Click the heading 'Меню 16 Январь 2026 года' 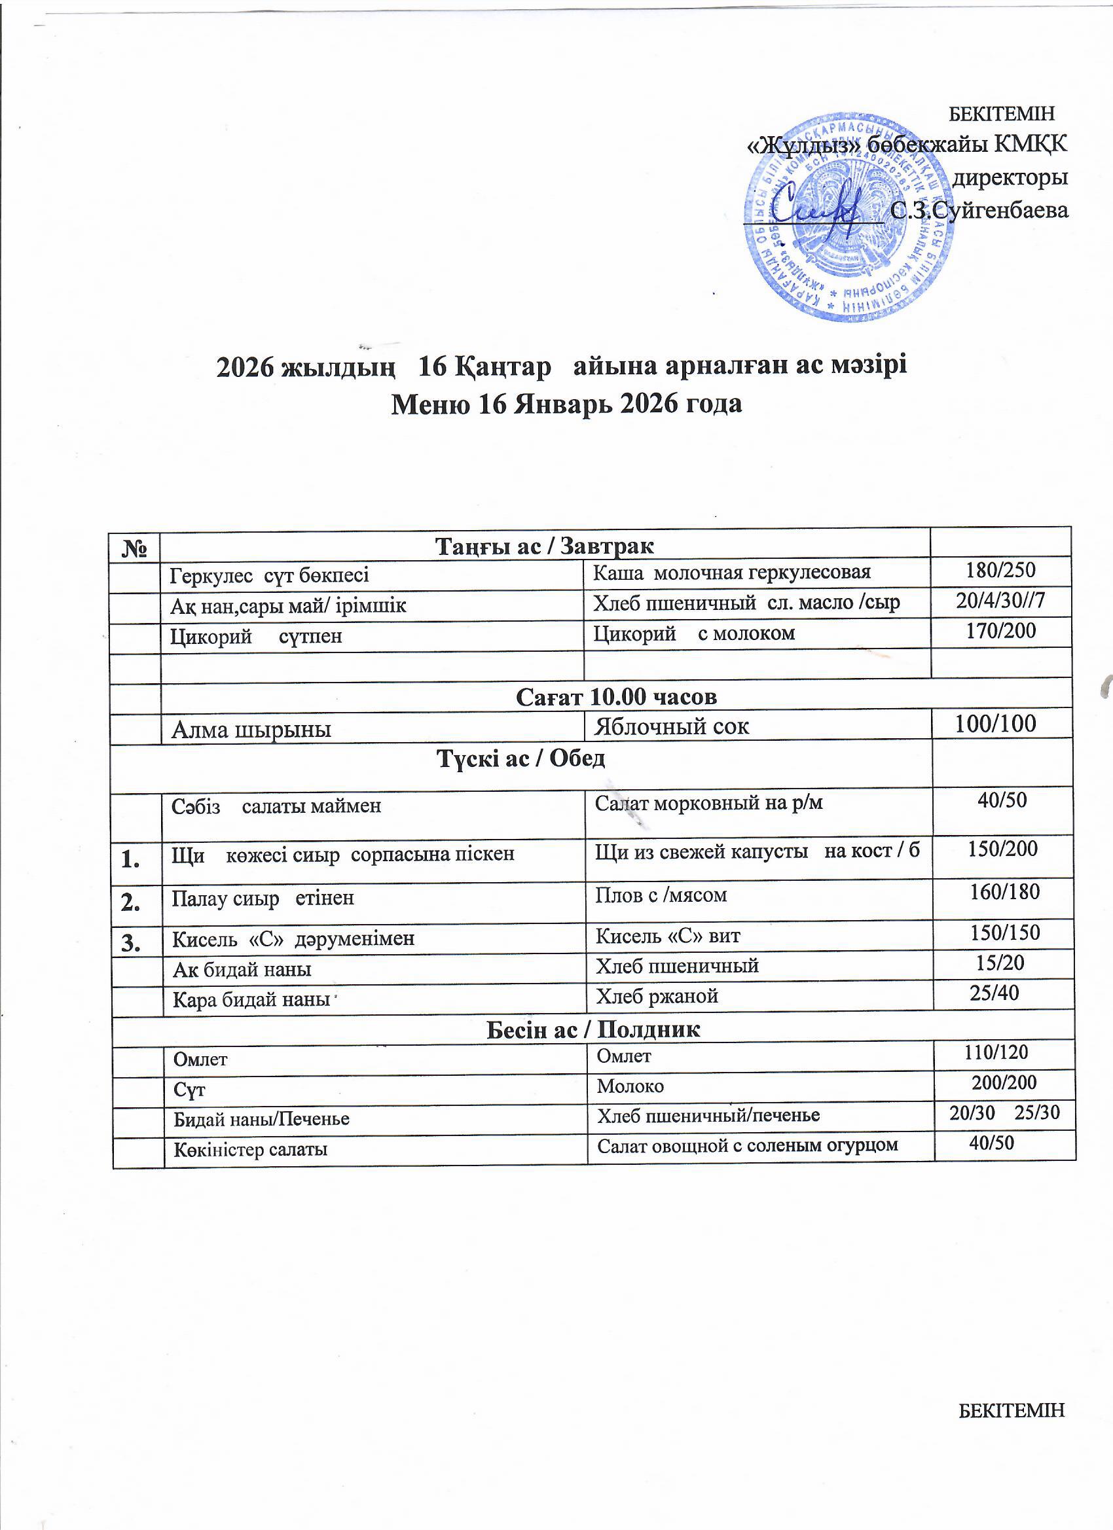(567, 404)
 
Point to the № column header (136, 545)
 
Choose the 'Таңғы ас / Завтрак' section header (545, 545)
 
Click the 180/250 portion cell (1000, 571)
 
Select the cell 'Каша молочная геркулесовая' (732, 573)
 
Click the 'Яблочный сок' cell (671, 726)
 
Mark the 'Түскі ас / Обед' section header (520, 759)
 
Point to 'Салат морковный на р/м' (708, 803)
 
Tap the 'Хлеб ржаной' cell (656, 996)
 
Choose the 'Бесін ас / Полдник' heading (593, 1029)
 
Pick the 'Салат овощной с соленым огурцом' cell (747, 1145)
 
